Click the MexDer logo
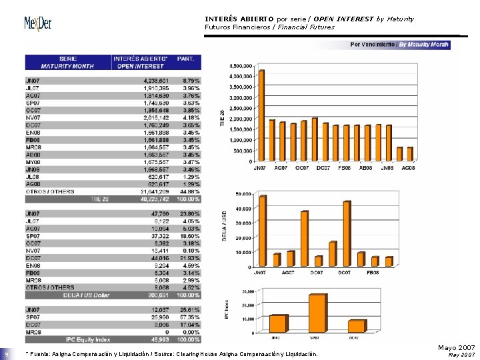(x=37, y=25)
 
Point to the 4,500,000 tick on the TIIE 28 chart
(x=241, y=66)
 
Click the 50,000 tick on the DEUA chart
(x=243, y=194)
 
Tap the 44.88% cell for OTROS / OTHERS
(x=188, y=193)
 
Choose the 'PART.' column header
(x=186, y=59)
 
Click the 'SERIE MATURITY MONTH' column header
(x=67, y=62)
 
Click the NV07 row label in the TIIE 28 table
(x=33, y=118)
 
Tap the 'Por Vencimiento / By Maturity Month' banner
(x=399, y=45)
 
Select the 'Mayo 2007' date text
(x=456, y=348)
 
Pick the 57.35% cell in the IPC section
(x=188, y=318)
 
